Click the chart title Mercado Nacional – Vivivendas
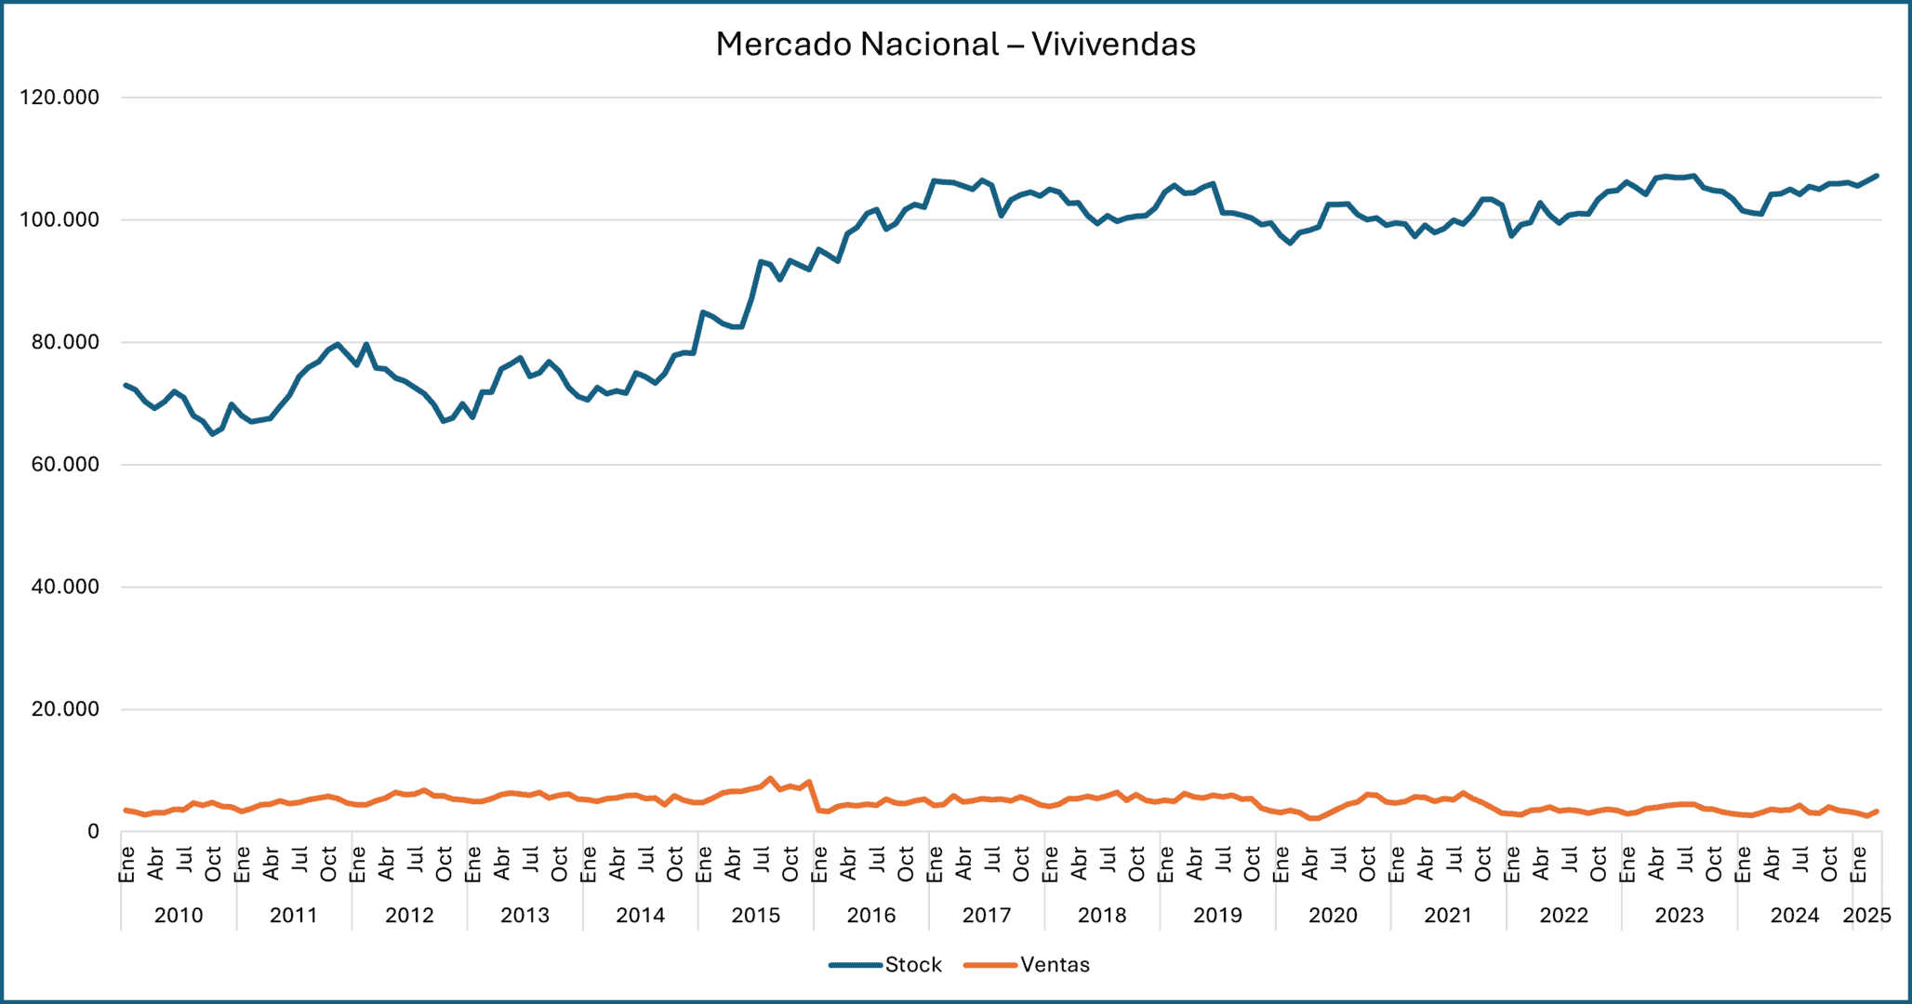(955, 44)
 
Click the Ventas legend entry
(1054, 965)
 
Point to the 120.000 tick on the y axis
(60, 98)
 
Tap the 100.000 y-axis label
(60, 220)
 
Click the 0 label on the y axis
(93, 832)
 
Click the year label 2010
(179, 916)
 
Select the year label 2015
(755, 916)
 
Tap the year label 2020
(1333, 916)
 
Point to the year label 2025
(1866, 916)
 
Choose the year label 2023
(1679, 916)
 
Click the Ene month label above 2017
(936, 865)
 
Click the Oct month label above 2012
(445, 865)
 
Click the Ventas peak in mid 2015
(770, 779)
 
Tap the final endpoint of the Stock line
(1877, 176)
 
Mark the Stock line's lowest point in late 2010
(213, 434)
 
